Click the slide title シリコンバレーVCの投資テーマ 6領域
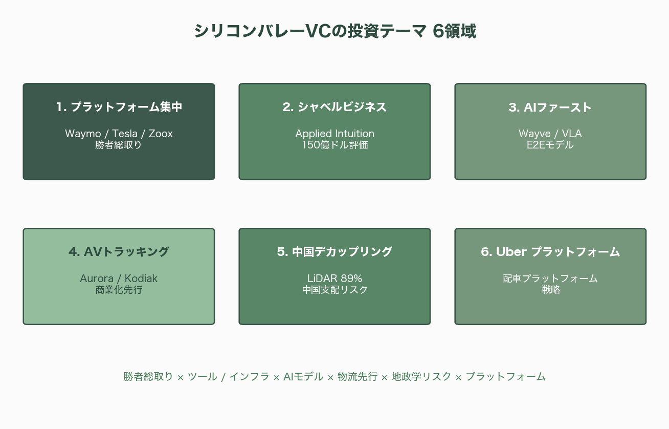coord(334,31)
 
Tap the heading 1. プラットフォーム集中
coord(119,107)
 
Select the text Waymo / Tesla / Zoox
coord(119,134)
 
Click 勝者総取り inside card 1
coord(119,145)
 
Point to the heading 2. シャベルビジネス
coord(334,107)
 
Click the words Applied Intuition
coord(334,134)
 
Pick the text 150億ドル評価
coord(334,145)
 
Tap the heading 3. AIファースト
coord(550,108)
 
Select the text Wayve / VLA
coord(550,134)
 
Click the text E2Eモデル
coord(550,145)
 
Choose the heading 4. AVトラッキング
coord(119,252)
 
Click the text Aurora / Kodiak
coord(119,278)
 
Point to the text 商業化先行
coord(119,290)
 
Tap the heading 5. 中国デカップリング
coord(334,252)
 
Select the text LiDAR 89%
coord(334,278)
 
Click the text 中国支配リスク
coord(334,290)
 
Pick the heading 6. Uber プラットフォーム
coord(550,252)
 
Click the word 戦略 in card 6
coord(550,290)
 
